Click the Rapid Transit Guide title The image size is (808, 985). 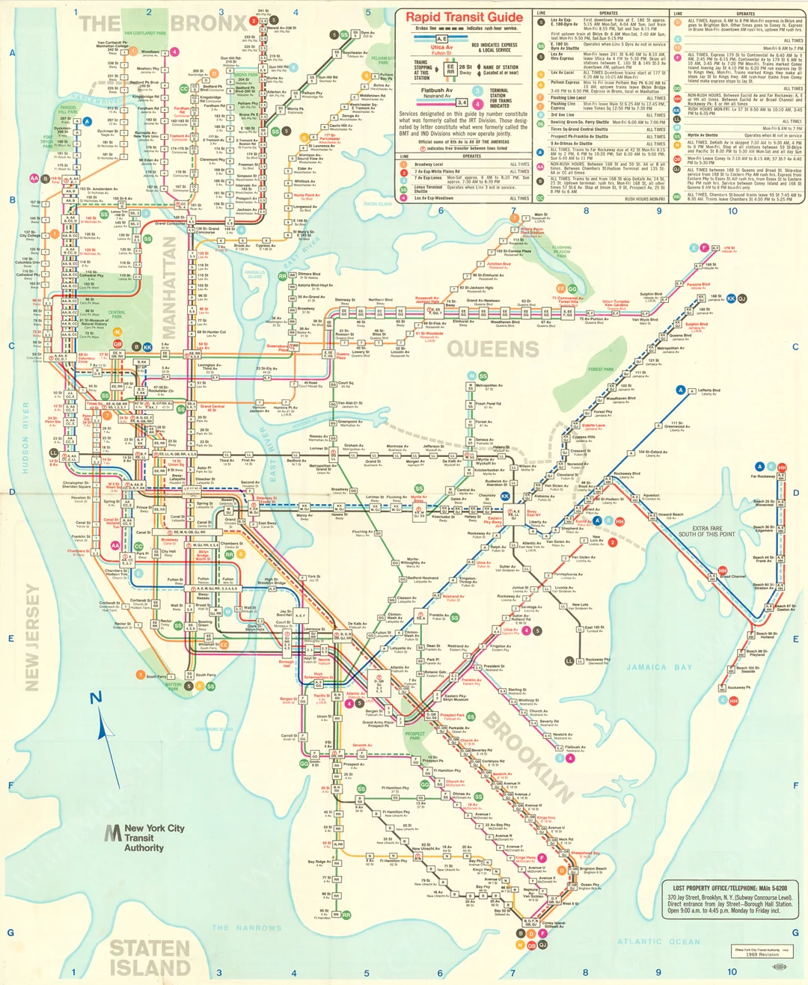tap(464, 17)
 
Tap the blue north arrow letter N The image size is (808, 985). tap(96, 699)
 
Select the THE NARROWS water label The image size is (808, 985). tap(246, 928)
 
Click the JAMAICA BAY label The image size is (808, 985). tap(658, 667)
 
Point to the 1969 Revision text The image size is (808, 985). tap(762, 954)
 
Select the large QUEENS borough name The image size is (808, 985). tap(493, 349)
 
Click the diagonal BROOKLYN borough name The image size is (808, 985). tap(528, 756)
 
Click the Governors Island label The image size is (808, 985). tap(214, 729)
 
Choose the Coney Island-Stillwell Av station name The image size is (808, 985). tap(554, 925)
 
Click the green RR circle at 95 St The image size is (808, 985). tap(346, 915)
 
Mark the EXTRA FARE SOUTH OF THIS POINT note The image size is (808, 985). tap(706, 531)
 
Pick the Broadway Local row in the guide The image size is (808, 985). tap(429, 165)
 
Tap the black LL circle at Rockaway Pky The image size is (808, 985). tap(569, 661)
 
